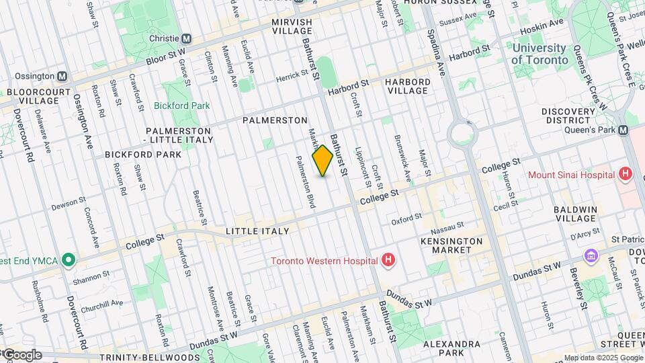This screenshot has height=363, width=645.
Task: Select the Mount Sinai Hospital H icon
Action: (626, 175)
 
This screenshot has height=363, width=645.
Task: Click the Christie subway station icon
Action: (186, 39)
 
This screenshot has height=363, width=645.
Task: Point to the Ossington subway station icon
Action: (62, 77)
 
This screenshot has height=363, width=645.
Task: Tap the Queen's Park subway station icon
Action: (623, 130)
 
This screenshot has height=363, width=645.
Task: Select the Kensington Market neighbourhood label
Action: (451, 245)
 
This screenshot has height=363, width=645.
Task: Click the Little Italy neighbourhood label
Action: (257, 231)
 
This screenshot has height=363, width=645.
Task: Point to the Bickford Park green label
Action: (181, 106)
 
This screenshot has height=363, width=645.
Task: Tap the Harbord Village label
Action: (407, 86)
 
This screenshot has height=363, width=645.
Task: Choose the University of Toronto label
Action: (539, 54)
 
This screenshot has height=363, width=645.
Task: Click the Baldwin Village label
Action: (575, 214)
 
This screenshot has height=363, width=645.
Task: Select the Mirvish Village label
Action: (292, 27)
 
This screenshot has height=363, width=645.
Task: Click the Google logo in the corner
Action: (21, 354)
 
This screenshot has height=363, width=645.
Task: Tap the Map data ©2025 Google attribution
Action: (603, 358)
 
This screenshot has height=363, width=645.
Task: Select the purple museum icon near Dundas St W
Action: (591, 256)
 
